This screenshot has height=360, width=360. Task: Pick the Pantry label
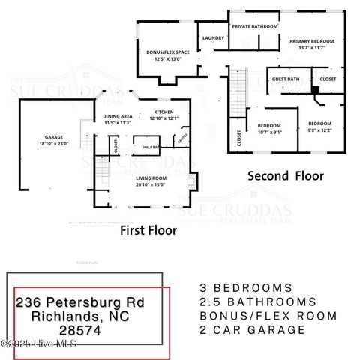pos(181,139)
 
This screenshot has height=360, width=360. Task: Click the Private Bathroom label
pos(255,26)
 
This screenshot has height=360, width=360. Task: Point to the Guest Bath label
pos(286,78)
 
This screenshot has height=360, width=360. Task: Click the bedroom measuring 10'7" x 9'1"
pos(269,128)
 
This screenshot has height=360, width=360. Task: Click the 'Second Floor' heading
pos(286,176)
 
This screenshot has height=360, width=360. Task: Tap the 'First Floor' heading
pos(148,231)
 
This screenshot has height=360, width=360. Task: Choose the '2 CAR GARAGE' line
pos(246,330)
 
